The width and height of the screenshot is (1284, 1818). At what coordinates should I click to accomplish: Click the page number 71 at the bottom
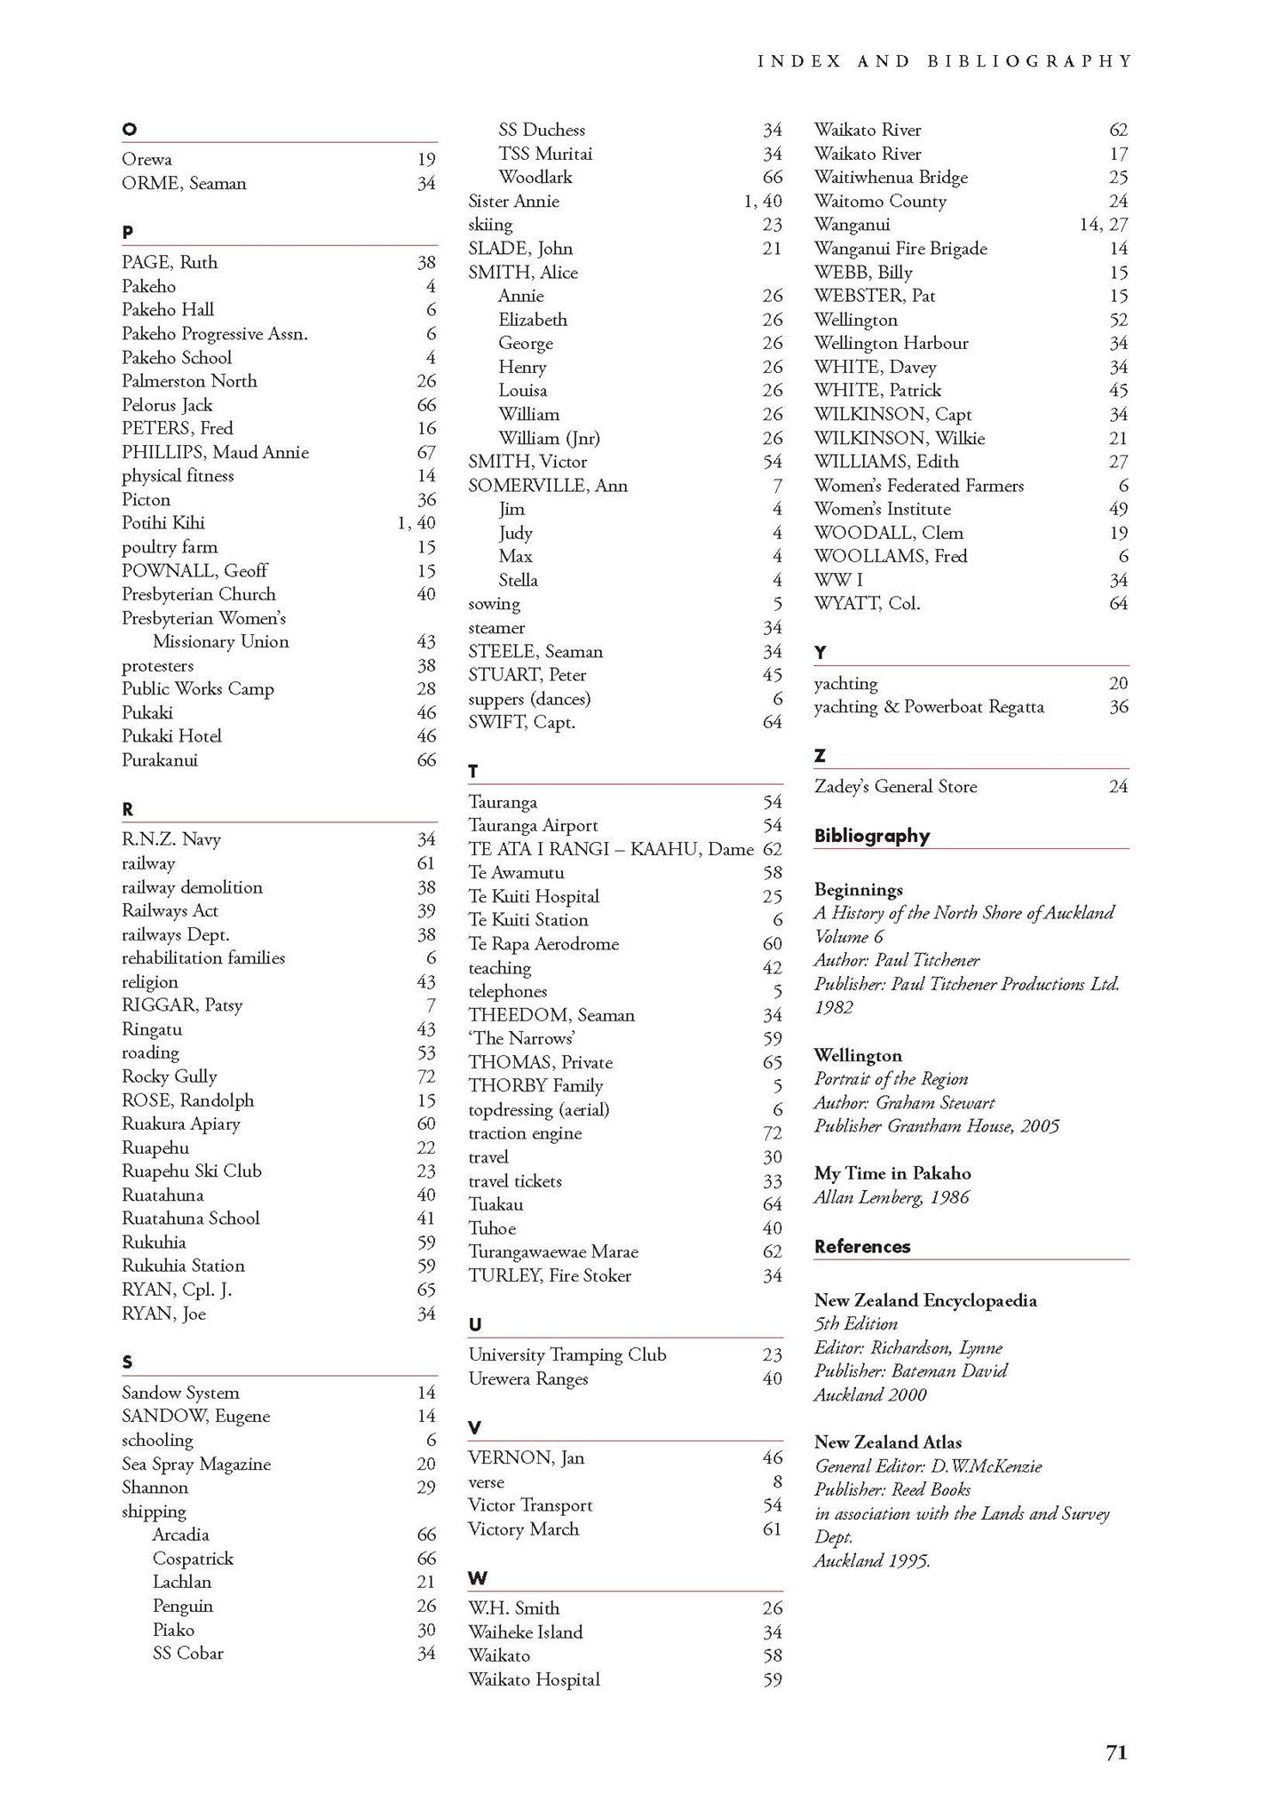click(1115, 1751)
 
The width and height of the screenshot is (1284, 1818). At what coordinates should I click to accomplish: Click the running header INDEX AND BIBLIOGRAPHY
click(945, 61)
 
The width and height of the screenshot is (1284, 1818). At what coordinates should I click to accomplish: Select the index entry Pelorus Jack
click(167, 405)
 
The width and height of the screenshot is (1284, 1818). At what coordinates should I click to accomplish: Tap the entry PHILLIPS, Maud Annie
click(215, 452)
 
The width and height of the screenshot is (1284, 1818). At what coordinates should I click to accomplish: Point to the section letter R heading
click(128, 809)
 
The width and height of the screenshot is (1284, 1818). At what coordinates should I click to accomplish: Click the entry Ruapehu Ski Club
click(192, 1171)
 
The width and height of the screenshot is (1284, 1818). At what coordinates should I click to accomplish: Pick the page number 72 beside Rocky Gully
click(426, 1076)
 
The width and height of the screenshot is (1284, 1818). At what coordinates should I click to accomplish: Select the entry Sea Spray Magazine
click(196, 1464)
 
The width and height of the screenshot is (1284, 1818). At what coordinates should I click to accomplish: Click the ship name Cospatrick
click(193, 1559)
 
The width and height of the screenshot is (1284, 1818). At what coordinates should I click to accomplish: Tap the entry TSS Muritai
click(544, 154)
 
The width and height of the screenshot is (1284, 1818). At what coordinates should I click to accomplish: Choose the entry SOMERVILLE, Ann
click(548, 485)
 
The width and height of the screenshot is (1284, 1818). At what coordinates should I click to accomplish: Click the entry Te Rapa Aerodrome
click(543, 943)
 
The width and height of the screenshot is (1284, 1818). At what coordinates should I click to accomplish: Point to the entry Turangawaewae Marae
click(553, 1251)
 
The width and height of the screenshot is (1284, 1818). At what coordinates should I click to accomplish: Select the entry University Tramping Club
click(567, 1354)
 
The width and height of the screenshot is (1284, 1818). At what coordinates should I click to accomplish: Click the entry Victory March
click(523, 1528)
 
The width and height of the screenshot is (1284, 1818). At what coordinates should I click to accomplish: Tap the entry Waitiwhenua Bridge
click(891, 177)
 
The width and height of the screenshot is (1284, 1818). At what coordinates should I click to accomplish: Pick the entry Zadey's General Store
click(895, 786)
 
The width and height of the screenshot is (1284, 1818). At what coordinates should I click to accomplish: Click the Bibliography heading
click(871, 836)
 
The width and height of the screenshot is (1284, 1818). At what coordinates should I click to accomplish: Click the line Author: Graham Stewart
click(904, 1102)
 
